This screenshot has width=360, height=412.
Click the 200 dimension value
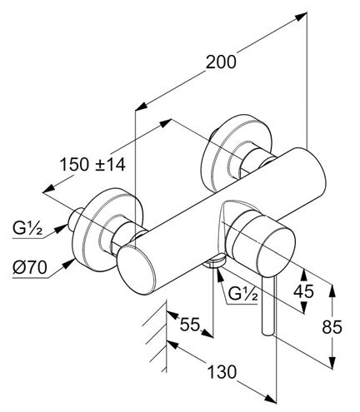(221, 62)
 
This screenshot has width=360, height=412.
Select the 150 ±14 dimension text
(92, 165)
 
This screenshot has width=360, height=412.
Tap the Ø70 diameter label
(30, 268)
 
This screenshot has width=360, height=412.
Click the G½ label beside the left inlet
(27, 229)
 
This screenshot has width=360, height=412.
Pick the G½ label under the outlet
(242, 295)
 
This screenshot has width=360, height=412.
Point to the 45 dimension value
(304, 291)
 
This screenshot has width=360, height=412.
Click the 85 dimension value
(332, 327)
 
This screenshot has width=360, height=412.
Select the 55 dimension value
(190, 324)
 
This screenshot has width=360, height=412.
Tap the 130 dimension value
(222, 372)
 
